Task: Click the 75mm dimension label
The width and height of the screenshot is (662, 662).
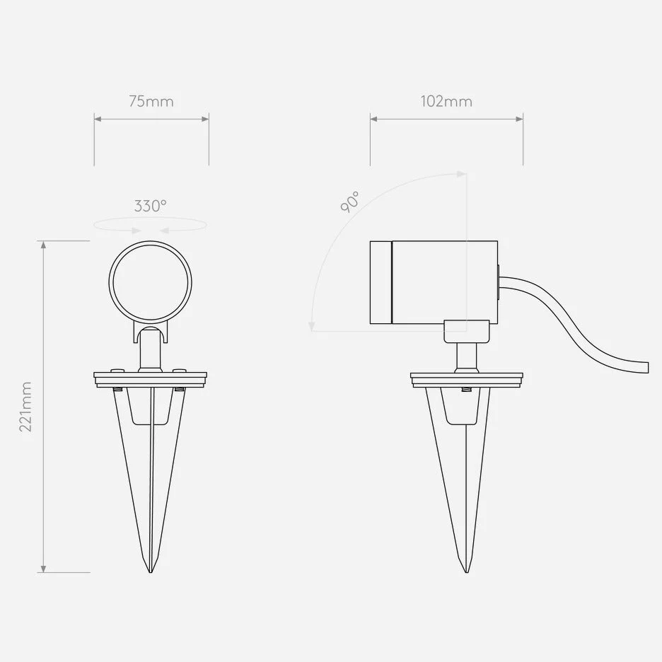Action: pyautogui.click(x=151, y=102)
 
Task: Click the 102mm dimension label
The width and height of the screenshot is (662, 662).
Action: pyautogui.click(x=446, y=102)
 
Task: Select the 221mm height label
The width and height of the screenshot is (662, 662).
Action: pyautogui.click(x=25, y=407)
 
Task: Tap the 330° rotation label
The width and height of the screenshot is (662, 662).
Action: pyautogui.click(x=151, y=206)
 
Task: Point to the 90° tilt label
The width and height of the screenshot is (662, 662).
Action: pyautogui.click(x=350, y=202)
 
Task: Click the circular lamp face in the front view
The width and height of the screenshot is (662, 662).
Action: pyautogui.click(x=151, y=282)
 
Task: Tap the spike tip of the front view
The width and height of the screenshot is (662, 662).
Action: pyautogui.click(x=151, y=571)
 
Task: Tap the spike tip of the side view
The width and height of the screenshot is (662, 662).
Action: pyautogui.click(x=467, y=571)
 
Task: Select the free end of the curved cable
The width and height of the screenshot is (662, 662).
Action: pyautogui.click(x=647, y=367)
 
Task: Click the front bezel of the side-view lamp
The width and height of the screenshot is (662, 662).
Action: pyautogui.click(x=381, y=282)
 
